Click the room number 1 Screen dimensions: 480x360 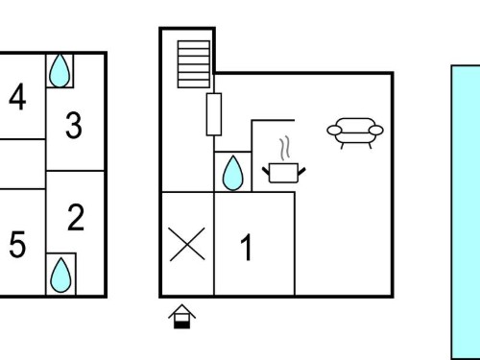pyautogui.click(x=247, y=247)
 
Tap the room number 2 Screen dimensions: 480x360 pyautogui.click(x=76, y=218)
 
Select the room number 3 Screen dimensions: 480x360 pyautogui.click(x=74, y=125)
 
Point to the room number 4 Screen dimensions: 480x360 pyautogui.click(x=17, y=97)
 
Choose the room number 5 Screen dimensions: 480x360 pyautogui.click(x=17, y=244)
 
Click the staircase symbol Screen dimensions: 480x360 pyautogui.click(x=194, y=64)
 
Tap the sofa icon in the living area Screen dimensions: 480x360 pyautogui.click(x=355, y=132)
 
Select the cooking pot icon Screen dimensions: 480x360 pyautogui.click(x=284, y=173)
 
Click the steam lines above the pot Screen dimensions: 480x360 pyautogui.click(x=284, y=149)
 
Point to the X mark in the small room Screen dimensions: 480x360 pyautogui.click(x=187, y=244)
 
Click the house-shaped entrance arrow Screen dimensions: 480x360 pyautogui.click(x=181, y=316)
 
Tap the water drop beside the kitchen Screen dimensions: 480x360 pyautogui.click(x=232, y=173)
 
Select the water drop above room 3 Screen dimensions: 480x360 pyautogui.click(x=60, y=70)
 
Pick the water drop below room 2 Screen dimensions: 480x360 pyautogui.click(x=60, y=275)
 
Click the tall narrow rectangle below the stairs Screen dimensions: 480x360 pyautogui.click(x=214, y=114)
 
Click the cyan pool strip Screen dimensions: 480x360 pyautogui.click(x=466, y=212)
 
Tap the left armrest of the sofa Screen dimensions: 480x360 pyautogui.click(x=334, y=131)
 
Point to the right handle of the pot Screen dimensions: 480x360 pyautogui.click(x=301, y=172)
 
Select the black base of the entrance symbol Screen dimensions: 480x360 pyautogui.click(x=181, y=325)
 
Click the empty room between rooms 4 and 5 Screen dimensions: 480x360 pyautogui.click(x=22, y=164)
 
